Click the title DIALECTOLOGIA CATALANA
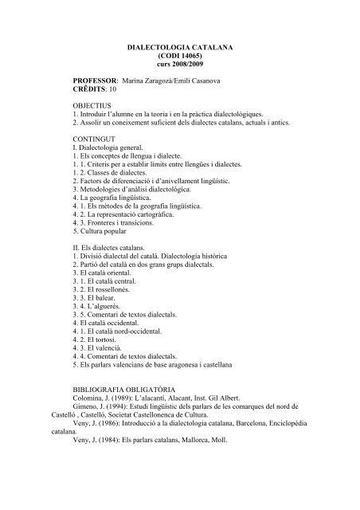pyautogui.click(x=179, y=49)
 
